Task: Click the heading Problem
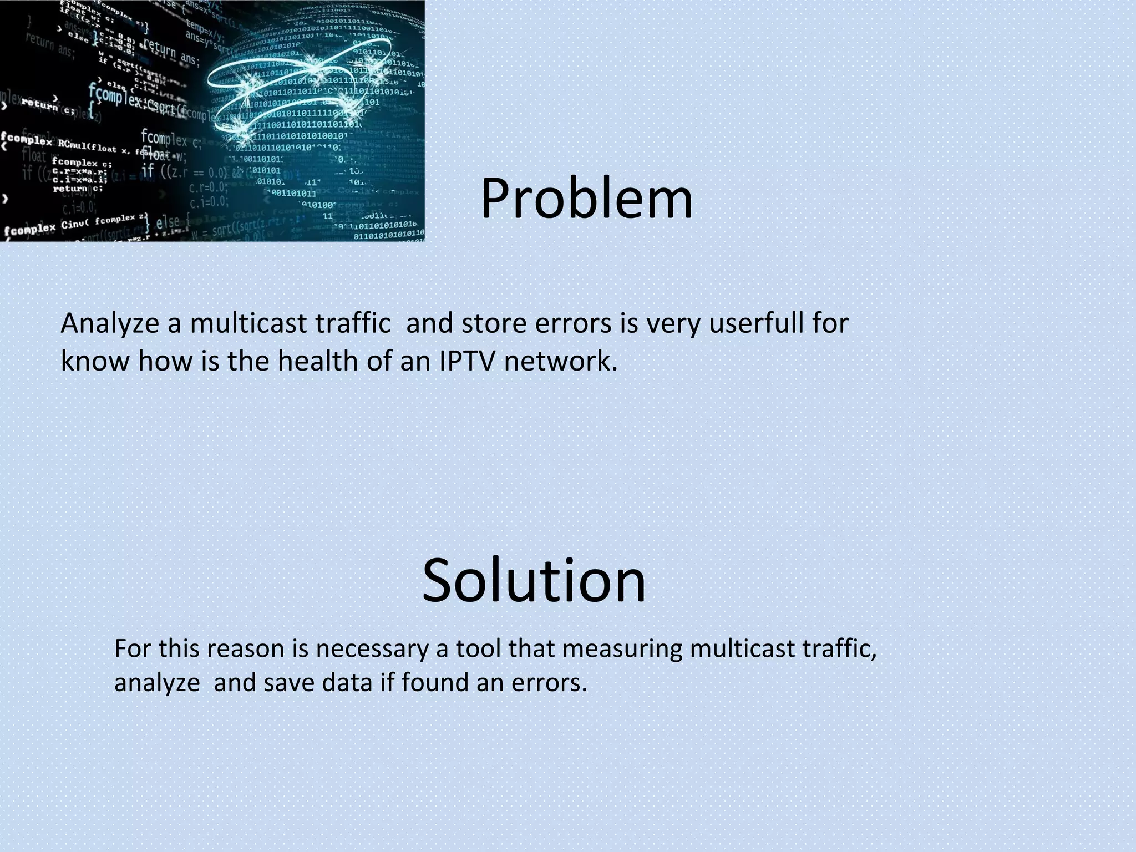586,199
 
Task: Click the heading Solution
534,580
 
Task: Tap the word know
95,361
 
